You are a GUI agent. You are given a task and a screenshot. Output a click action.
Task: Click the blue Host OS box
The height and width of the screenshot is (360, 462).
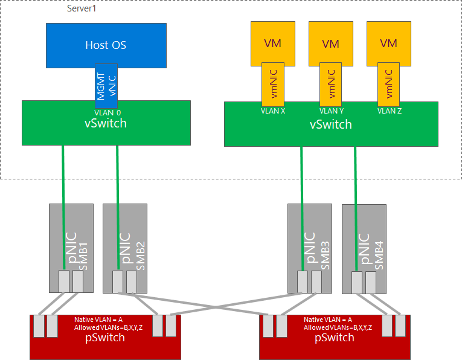(x=106, y=45)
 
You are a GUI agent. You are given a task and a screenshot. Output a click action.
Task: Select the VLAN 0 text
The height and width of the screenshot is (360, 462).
(x=107, y=112)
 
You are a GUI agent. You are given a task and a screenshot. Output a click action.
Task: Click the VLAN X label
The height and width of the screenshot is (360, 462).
(x=273, y=111)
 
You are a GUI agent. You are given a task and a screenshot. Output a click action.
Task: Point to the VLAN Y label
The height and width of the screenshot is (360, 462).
(x=331, y=111)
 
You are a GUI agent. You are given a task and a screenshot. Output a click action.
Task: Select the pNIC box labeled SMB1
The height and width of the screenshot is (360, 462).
(x=71, y=242)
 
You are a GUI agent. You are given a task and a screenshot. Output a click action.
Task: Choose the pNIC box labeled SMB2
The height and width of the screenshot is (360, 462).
(x=125, y=242)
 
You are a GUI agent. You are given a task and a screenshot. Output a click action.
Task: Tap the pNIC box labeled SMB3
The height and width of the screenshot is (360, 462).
(x=309, y=242)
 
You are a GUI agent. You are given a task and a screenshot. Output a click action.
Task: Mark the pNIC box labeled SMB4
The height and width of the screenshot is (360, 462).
(x=364, y=242)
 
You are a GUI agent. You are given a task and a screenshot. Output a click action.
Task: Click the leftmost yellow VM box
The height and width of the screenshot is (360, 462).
(x=273, y=43)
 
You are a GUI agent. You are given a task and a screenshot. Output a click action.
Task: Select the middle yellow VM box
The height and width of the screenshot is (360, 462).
(x=330, y=43)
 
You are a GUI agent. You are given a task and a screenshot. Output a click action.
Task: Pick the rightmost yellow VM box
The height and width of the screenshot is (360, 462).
(x=389, y=43)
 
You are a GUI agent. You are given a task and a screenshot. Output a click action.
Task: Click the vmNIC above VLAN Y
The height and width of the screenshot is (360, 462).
(x=330, y=85)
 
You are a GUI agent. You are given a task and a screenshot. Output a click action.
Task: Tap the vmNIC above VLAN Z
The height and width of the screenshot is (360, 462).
(x=389, y=85)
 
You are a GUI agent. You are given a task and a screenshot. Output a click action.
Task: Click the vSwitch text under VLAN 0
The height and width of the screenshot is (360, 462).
(x=106, y=123)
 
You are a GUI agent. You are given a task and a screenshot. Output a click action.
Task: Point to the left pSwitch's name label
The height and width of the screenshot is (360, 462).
(x=106, y=336)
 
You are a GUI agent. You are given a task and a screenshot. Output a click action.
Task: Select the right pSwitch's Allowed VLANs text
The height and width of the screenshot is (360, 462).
(x=338, y=327)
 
